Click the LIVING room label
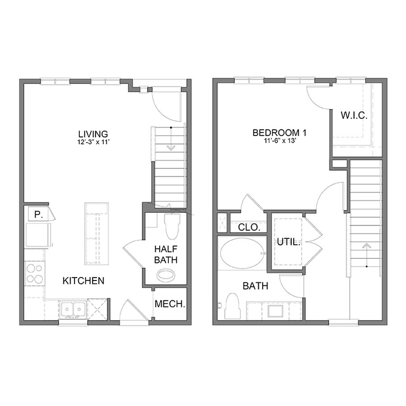pos(93,134)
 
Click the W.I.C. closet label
pos(354,115)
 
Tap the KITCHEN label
pos(83,281)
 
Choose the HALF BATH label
pos(166,254)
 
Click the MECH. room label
pos(170,304)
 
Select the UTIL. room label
pos(288,242)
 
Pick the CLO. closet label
pos(249,227)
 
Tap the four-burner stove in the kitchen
pos(35,273)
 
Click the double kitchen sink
pos(73,309)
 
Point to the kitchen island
pos(97,233)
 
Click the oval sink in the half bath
pos(166,275)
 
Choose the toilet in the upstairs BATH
pos(232,306)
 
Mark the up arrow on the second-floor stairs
pos(366,247)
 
